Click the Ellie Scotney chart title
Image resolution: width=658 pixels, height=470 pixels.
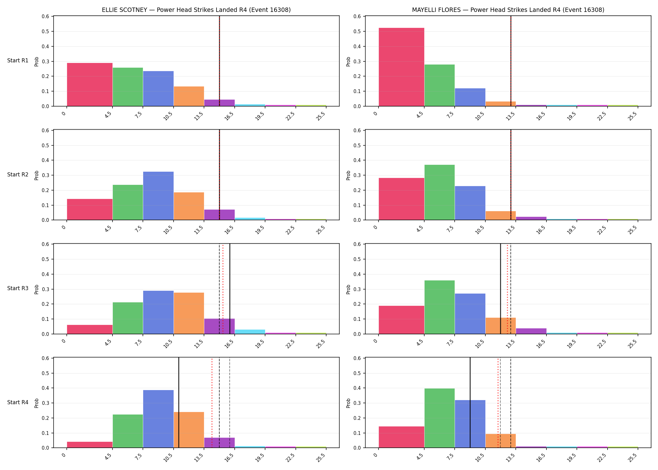196,10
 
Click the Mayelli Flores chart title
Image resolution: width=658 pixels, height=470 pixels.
508,10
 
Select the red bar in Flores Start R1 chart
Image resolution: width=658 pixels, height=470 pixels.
401,67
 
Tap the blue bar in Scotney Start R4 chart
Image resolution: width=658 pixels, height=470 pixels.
158,419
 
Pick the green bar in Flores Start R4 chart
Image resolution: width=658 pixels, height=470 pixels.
439,418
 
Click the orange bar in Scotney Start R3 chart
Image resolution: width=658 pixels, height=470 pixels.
189,313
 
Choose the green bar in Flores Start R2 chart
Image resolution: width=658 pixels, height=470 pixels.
439,192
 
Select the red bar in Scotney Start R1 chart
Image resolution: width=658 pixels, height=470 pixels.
90,85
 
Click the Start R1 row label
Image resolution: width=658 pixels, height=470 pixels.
18,60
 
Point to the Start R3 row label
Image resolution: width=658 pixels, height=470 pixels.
18,288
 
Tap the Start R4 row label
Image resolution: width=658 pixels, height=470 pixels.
18,402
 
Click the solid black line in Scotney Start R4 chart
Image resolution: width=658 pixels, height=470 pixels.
179,403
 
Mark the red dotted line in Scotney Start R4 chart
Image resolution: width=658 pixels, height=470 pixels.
212,403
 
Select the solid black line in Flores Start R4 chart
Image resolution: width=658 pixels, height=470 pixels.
470,403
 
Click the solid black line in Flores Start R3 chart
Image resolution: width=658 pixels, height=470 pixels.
500,289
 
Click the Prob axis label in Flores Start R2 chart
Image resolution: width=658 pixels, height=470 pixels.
348,175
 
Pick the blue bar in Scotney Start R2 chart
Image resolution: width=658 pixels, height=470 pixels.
158,196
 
